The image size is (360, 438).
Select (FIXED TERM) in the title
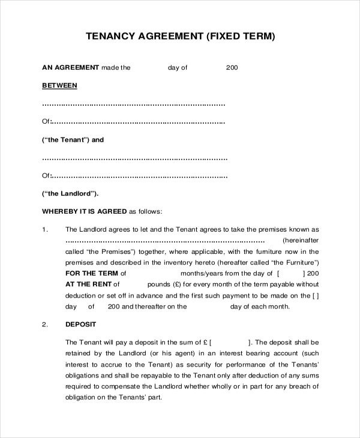pyautogui.click(x=241, y=37)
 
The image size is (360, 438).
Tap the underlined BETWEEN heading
pyautogui.click(x=59, y=85)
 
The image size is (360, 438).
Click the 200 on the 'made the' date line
pyautogui.click(x=232, y=68)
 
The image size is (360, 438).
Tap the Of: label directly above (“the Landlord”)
pyautogui.click(x=47, y=176)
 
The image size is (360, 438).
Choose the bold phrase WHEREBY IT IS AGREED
pyautogui.click(x=84, y=211)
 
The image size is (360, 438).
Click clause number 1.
pyautogui.click(x=44, y=229)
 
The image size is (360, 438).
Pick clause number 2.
pyautogui.click(x=44, y=325)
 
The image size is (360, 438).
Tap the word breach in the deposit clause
pyautogui.click(x=304, y=385)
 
